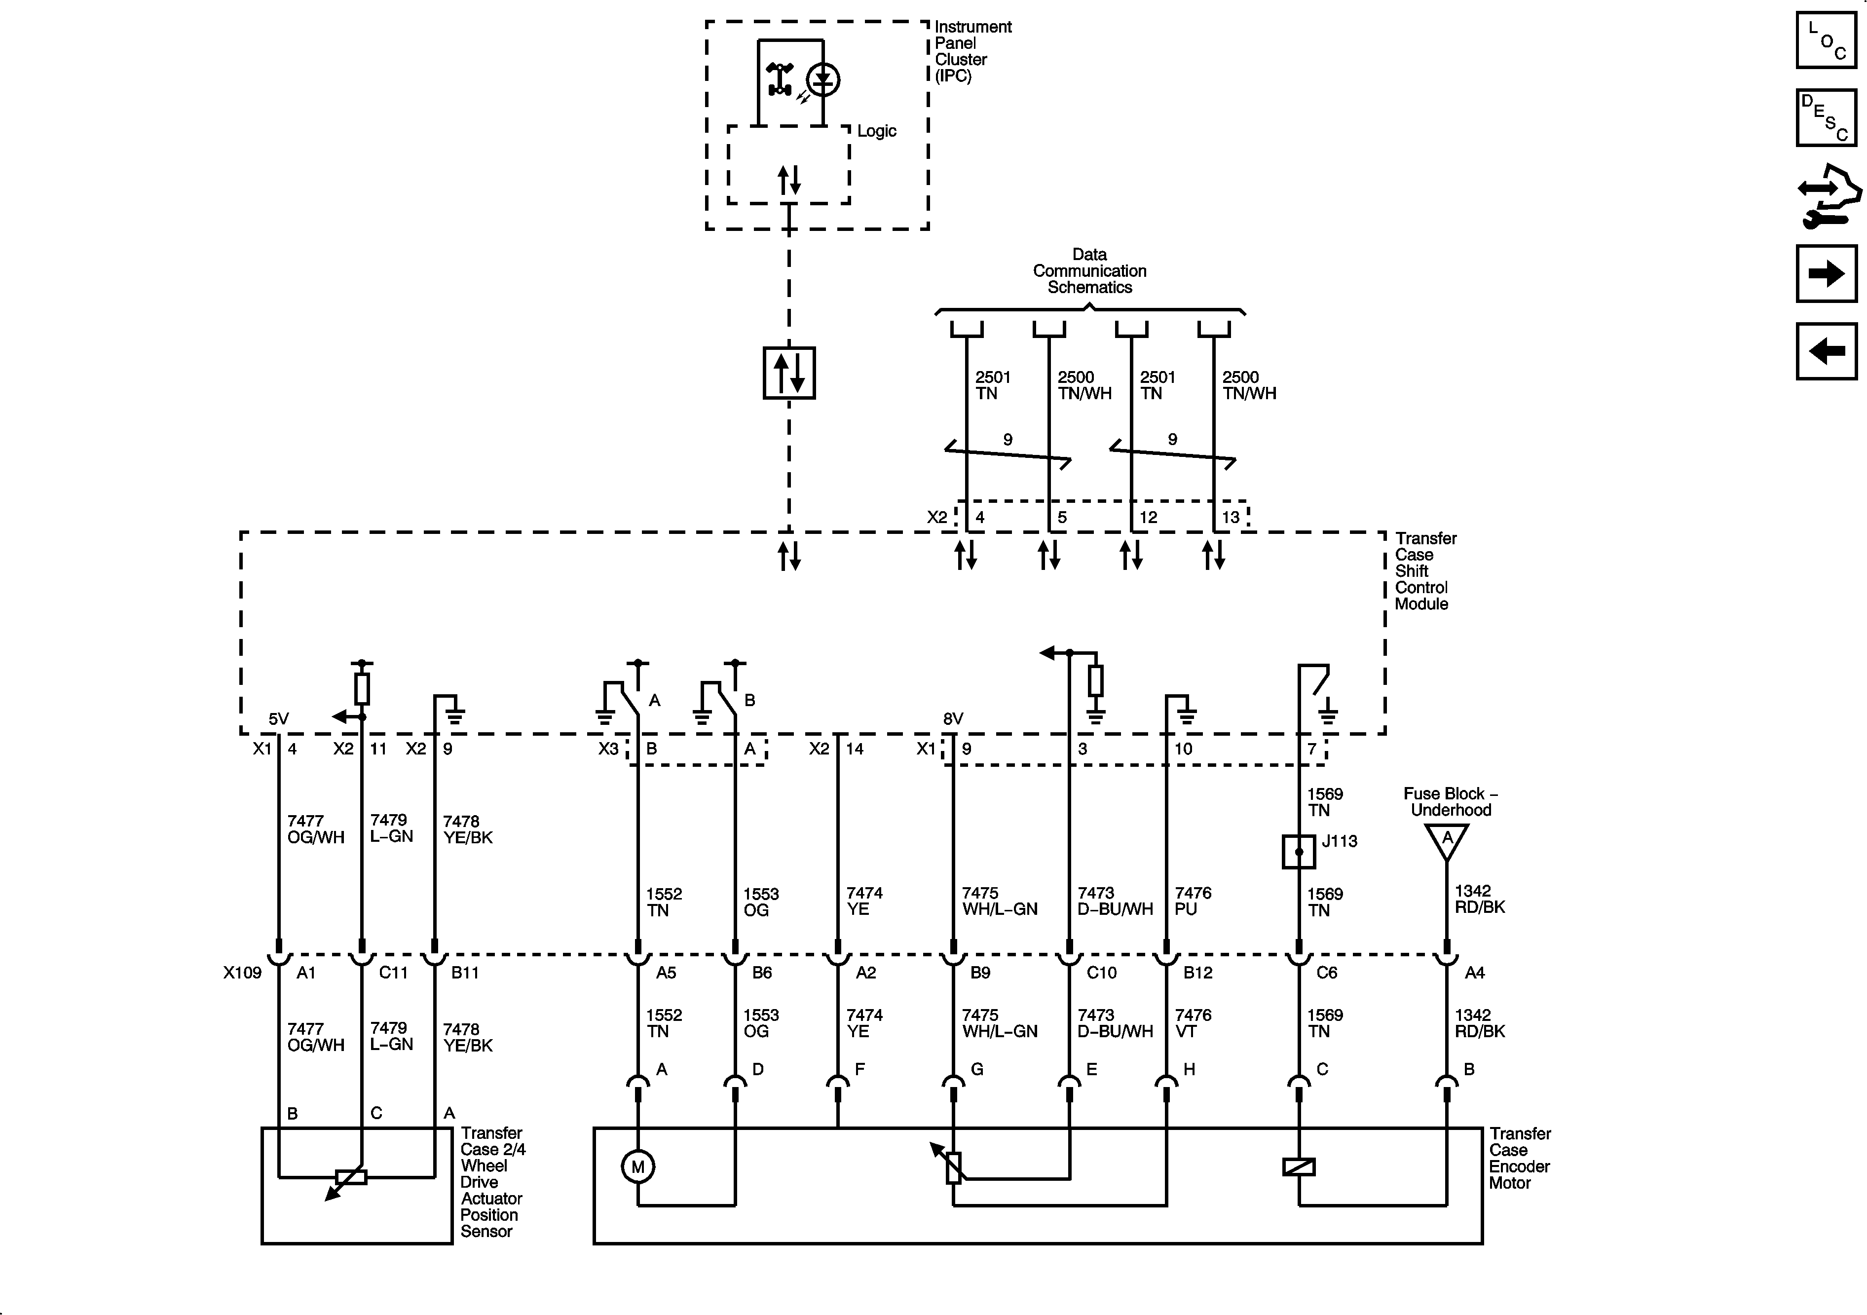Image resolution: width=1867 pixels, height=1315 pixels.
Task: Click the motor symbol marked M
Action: pyautogui.click(x=637, y=1167)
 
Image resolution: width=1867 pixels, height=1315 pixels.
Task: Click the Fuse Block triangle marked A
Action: pyautogui.click(x=1447, y=840)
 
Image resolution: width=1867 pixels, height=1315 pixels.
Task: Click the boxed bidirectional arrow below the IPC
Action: pyautogui.click(x=789, y=373)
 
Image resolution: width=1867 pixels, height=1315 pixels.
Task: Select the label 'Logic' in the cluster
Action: pyautogui.click(x=877, y=131)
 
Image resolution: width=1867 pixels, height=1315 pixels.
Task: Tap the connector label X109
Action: pyautogui.click(x=242, y=973)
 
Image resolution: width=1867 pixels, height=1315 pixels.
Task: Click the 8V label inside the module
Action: pyautogui.click(x=953, y=719)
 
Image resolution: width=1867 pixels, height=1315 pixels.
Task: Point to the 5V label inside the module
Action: pyautogui.click(x=279, y=719)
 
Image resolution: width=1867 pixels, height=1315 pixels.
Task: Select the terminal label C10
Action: pyautogui.click(x=1102, y=973)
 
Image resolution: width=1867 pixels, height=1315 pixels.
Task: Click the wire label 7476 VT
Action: pyautogui.click(x=1193, y=1023)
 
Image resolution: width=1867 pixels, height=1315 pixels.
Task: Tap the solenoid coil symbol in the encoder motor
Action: pyautogui.click(x=1299, y=1167)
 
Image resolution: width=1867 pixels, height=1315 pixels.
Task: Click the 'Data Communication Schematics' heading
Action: pyautogui.click(x=1089, y=271)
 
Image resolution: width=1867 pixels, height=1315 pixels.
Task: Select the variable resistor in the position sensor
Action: pyautogui.click(x=351, y=1177)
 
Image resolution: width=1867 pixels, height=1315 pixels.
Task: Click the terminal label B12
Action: pyautogui.click(x=1198, y=973)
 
